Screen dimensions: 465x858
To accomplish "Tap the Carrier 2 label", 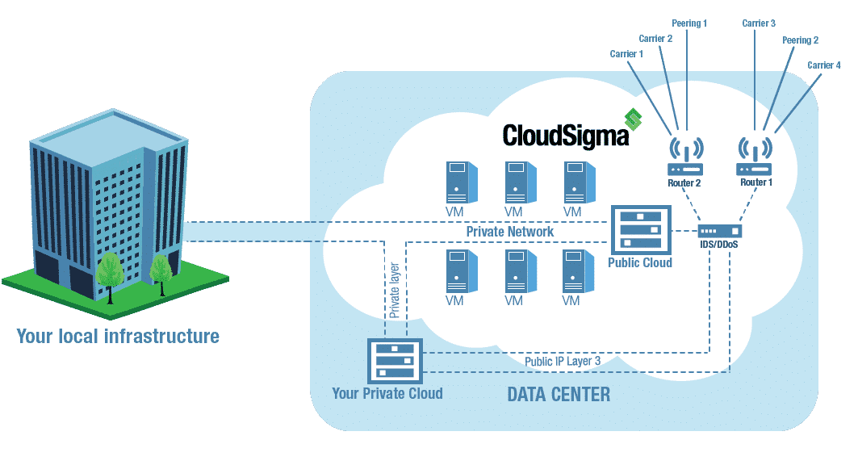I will pyautogui.click(x=655, y=38).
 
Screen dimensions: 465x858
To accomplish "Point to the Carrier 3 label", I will pyautogui.click(x=759, y=23).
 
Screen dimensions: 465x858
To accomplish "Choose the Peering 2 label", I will pyautogui.click(x=800, y=39).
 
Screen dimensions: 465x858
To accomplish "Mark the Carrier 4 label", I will pyautogui.click(x=824, y=65).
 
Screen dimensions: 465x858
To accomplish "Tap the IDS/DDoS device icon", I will pyautogui.click(x=718, y=230).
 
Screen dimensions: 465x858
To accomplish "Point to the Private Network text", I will pyautogui.click(x=510, y=232).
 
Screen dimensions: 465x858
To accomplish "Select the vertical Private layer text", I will pyautogui.click(x=395, y=287).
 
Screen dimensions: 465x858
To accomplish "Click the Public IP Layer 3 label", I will pyautogui.click(x=563, y=361).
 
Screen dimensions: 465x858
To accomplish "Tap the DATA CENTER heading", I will pyautogui.click(x=559, y=395).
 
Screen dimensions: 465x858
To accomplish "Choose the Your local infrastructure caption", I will pyautogui.click(x=118, y=336).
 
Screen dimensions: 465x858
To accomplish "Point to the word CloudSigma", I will pyautogui.click(x=565, y=135).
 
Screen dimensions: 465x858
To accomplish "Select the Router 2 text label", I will pyautogui.click(x=684, y=183).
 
